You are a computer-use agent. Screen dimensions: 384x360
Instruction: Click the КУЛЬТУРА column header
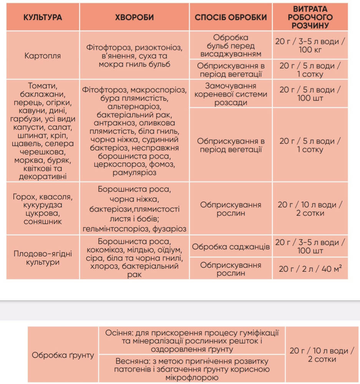43,17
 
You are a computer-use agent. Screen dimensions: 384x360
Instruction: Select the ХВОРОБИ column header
134,17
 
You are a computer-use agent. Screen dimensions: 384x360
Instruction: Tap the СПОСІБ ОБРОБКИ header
231,17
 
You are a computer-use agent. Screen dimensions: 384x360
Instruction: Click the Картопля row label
42,56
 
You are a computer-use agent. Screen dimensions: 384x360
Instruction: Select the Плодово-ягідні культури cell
42,258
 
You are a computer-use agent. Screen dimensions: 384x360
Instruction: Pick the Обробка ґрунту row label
63,355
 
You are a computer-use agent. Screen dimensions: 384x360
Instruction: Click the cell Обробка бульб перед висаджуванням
231,46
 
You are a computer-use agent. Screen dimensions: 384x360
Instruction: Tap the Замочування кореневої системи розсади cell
231,94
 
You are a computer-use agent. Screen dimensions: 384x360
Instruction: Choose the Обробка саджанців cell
231,247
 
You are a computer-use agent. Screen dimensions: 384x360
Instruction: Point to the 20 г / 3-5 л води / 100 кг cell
310,46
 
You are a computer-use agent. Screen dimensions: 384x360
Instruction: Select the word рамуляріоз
134,173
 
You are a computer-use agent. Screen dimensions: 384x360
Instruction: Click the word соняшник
42,222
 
